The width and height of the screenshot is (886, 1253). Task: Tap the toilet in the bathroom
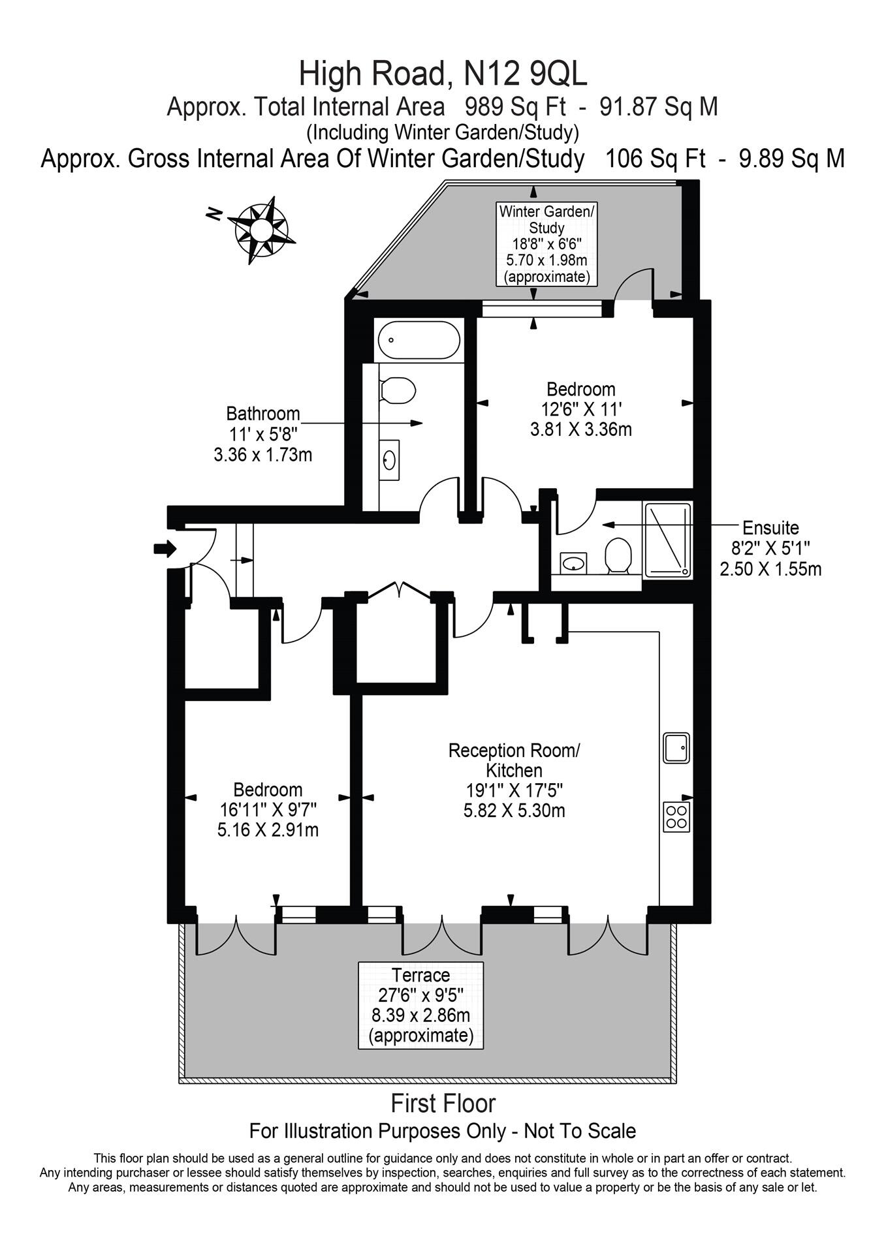[398, 391]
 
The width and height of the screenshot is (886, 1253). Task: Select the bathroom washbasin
[390, 461]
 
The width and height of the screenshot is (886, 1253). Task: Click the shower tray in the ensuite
[668, 540]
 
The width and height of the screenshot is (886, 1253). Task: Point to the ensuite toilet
[617, 555]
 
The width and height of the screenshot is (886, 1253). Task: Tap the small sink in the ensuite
[573, 563]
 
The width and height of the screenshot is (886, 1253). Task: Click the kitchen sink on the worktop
[676, 748]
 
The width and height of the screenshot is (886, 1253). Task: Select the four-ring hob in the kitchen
[676, 816]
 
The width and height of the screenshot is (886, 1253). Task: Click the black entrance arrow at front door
[165, 549]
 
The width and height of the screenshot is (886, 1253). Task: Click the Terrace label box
[420, 1005]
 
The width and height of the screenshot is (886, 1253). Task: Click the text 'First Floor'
[443, 1104]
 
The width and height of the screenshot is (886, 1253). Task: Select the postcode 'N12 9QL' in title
[525, 74]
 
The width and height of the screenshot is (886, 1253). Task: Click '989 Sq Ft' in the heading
[515, 106]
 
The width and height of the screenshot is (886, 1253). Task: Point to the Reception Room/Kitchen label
[514, 760]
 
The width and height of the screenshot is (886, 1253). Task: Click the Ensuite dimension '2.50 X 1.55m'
[770, 569]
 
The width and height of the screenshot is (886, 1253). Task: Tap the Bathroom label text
[262, 414]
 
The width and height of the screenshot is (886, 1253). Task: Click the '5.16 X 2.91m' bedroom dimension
[268, 831]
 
